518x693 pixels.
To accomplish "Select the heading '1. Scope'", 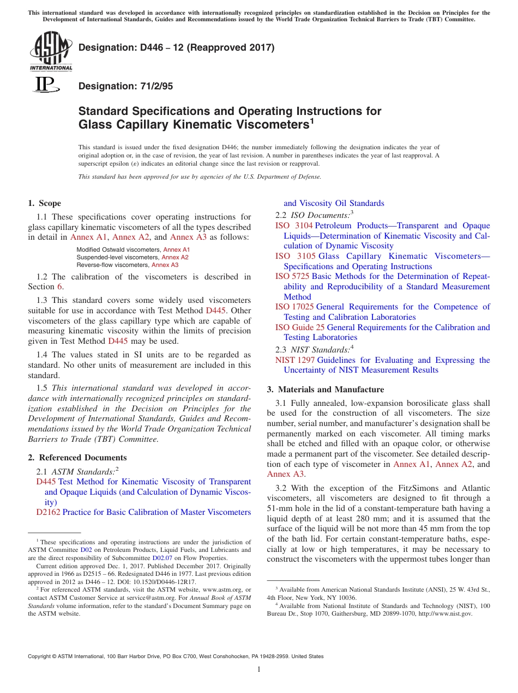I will pos(44,203).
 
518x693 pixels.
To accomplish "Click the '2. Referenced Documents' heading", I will pos(77,458).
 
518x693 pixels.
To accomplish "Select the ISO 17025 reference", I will pos(294,307).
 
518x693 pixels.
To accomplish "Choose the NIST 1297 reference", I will pos(294,360).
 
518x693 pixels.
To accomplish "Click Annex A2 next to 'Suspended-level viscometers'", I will pos(175,257).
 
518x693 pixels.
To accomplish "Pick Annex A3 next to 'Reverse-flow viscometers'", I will pos(165,265).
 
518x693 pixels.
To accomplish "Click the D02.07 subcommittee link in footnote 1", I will pos(161,558).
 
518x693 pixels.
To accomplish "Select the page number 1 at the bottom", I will pos(259,670).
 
